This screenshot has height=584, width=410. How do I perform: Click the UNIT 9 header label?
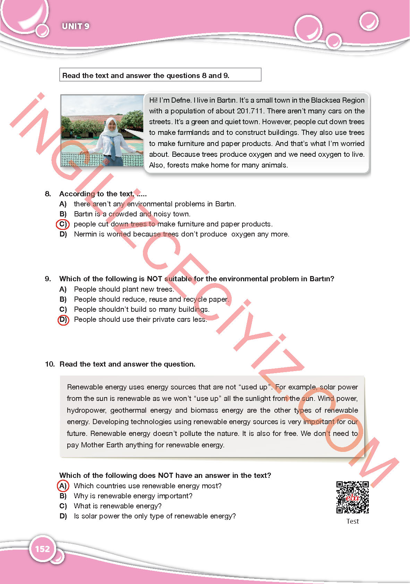point(75,26)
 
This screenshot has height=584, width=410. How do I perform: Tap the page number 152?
point(42,549)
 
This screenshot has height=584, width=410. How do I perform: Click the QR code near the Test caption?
point(352,497)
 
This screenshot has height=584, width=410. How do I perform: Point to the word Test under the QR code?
point(352,521)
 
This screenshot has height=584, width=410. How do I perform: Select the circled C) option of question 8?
point(63,224)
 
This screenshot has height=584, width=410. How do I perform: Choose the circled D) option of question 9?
point(63,320)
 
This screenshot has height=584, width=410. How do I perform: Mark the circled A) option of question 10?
point(63,486)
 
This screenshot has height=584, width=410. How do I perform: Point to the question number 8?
point(48,194)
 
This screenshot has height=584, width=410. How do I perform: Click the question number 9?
point(48,279)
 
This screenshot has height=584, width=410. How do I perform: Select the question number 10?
point(50,364)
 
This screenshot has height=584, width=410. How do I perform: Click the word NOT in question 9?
point(154,279)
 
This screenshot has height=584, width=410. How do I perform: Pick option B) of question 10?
point(63,496)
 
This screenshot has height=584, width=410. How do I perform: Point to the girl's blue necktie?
point(113,147)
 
